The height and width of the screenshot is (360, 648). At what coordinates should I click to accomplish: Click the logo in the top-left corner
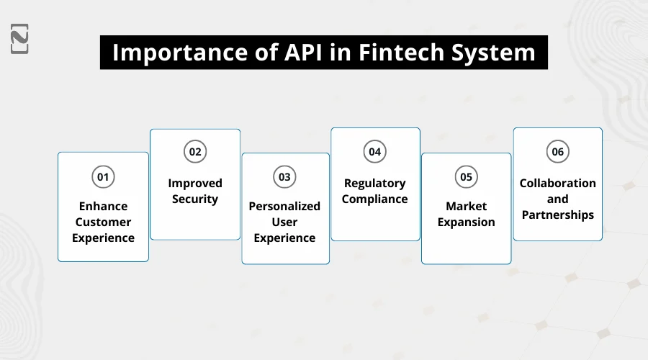point(20,39)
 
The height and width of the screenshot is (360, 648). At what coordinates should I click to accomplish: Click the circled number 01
point(103,176)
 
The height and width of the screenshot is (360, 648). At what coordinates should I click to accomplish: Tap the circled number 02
point(194,152)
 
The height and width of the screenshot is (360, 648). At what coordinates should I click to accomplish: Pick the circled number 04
point(374,152)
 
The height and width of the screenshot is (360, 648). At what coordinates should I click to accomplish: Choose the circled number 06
point(557,152)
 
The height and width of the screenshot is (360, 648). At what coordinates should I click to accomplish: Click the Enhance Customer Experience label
point(103,222)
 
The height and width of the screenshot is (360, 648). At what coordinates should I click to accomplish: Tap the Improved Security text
point(194,191)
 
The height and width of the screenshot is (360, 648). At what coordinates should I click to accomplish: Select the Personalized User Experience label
point(285,222)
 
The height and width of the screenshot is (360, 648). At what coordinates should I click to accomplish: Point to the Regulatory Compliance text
point(374,191)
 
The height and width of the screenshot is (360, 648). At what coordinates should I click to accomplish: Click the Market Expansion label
point(466,214)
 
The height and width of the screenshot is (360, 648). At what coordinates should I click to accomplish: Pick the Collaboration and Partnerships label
point(557,199)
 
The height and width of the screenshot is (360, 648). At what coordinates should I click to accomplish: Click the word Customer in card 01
point(103,222)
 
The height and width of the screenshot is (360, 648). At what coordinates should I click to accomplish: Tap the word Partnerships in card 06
point(557,215)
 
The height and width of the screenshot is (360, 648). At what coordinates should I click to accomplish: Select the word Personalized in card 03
point(285,206)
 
